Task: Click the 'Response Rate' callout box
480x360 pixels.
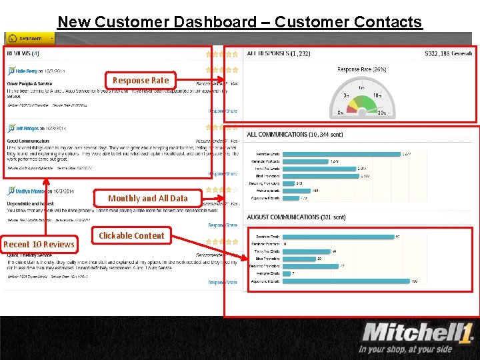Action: click(141, 81)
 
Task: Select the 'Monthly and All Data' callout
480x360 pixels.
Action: click(147, 198)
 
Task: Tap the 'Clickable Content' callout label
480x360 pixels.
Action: click(131, 235)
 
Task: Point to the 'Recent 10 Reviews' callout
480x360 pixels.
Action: click(39, 244)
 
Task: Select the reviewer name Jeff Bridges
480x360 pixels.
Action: click(27, 128)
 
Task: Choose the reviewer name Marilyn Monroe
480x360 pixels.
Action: click(30, 191)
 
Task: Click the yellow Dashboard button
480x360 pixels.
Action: click(29, 39)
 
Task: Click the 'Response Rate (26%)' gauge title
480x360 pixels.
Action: click(362, 69)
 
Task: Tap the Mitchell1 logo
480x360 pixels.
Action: click(416, 332)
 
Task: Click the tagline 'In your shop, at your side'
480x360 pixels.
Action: click(405, 349)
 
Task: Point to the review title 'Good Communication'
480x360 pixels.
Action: click(28, 141)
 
